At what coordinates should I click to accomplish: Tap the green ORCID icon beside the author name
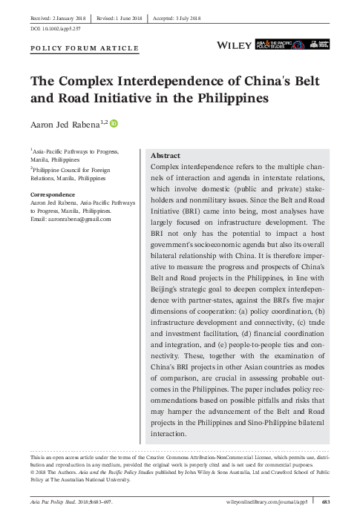point(124,122)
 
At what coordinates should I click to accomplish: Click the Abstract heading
point(166,157)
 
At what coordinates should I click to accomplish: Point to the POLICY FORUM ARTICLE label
point(84,49)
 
